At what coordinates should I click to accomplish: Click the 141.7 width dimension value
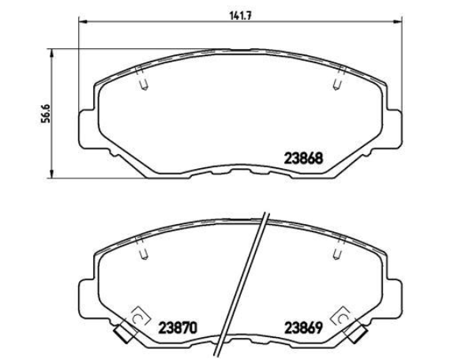coord(240,16)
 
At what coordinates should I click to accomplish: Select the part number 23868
coord(304,159)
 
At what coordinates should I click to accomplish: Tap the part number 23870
coord(178,328)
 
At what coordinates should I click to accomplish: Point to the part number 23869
coord(304,328)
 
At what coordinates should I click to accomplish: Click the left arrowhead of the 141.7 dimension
coord(84,21)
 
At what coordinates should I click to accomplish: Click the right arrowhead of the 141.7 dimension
coord(397,21)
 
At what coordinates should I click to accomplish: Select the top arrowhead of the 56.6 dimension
coord(52,54)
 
